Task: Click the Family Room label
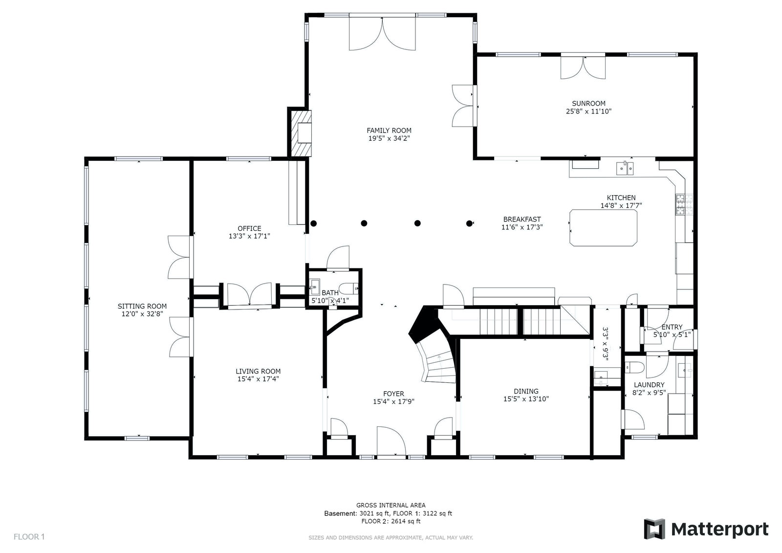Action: coord(389,130)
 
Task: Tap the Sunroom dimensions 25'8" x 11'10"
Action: coord(588,111)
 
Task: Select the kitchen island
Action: coord(603,227)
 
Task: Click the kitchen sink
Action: coord(625,168)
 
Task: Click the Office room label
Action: coord(249,228)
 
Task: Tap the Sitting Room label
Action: coord(142,307)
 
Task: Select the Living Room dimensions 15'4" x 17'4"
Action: coord(258,378)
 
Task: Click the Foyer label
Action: coord(393,394)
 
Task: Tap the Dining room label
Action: coord(526,391)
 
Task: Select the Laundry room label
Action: coord(649,385)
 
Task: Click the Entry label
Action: coord(672,327)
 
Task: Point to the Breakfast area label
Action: coord(522,220)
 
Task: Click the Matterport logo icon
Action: coord(654,529)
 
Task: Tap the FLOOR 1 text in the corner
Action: coord(29,536)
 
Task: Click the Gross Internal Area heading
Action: coord(391,505)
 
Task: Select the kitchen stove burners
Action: coord(684,204)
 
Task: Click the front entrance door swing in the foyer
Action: coord(391,441)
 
